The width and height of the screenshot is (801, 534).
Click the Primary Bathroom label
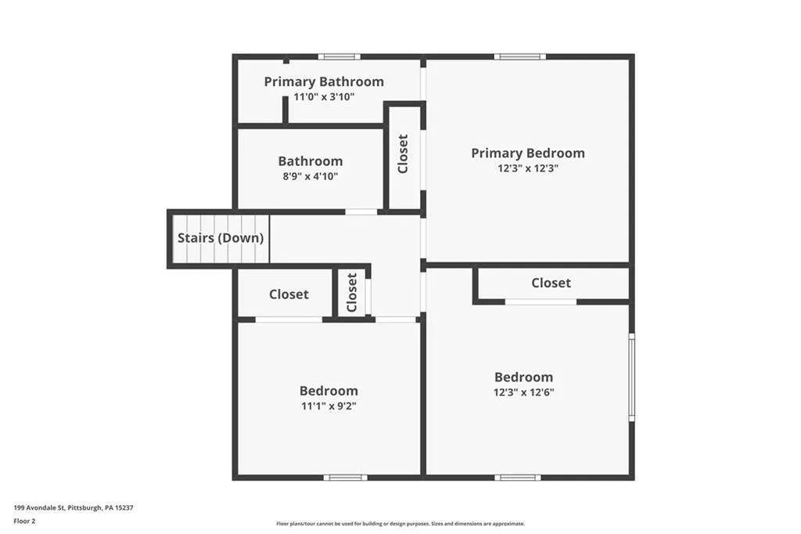tap(324, 81)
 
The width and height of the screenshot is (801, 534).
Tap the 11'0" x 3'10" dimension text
tap(324, 98)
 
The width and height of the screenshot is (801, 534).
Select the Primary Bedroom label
tap(527, 153)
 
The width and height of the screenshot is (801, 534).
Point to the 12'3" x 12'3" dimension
tap(527, 168)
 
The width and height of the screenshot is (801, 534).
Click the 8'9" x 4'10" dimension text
tap(310, 177)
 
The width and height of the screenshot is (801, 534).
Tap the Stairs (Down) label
tap(221, 238)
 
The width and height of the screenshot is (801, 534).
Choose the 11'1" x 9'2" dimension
tap(329, 406)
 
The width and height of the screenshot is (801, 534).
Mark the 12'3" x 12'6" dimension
tap(523, 392)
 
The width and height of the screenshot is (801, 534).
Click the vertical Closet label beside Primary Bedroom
tap(404, 153)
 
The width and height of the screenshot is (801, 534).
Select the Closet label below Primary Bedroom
tap(551, 283)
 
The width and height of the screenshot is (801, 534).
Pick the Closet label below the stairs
tap(289, 294)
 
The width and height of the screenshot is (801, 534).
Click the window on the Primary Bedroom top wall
tap(520, 56)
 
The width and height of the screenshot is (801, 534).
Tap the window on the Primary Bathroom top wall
tap(339, 56)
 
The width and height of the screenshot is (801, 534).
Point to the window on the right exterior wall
tap(632, 377)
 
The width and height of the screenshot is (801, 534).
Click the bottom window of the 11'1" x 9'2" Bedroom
tap(345, 477)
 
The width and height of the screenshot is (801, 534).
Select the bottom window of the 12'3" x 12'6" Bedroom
tap(517, 477)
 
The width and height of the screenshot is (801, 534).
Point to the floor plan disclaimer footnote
tap(400, 524)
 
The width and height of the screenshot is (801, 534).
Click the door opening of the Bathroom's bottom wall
tap(361, 211)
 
